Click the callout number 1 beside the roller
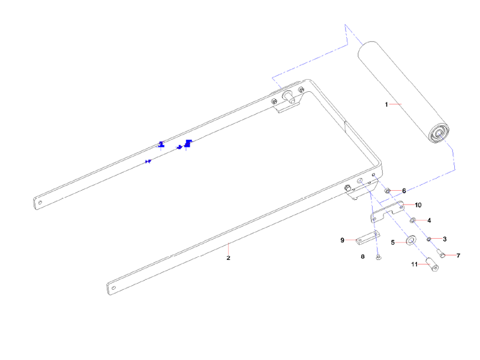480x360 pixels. [x=386, y=104]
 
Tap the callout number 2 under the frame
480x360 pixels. [x=229, y=258]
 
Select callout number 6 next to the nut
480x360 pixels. [x=404, y=191]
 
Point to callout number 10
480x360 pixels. [x=418, y=205]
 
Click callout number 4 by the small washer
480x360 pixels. [x=429, y=220]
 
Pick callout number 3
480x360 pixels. [x=445, y=239]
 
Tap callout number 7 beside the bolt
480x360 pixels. [x=458, y=256]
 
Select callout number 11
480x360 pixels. [x=415, y=264]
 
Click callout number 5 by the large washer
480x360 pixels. [x=393, y=242]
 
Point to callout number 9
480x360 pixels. [x=342, y=240]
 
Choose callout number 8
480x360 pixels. [x=363, y=257]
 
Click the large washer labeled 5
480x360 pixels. [x=411, y=240]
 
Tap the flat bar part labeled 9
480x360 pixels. [x=368, y=238]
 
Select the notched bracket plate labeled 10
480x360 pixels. [x=387, y=212]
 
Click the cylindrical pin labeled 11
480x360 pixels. [x=433, y=265]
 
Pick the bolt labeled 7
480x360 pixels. [x=441, y=253]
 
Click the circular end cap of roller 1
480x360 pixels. [x=439, y=133]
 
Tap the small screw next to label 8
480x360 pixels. [x=379, y=258]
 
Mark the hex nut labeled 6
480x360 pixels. [x=387, y=191]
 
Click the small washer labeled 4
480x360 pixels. [x=413, y=220]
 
